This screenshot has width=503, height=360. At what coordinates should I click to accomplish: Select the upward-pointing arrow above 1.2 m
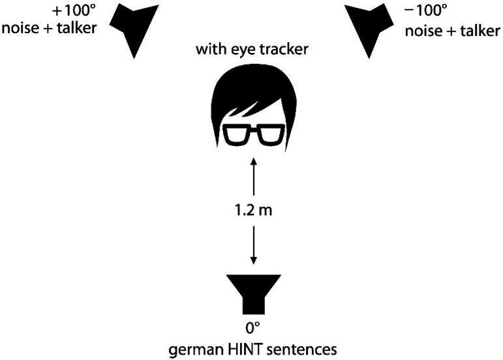[252, 179]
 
